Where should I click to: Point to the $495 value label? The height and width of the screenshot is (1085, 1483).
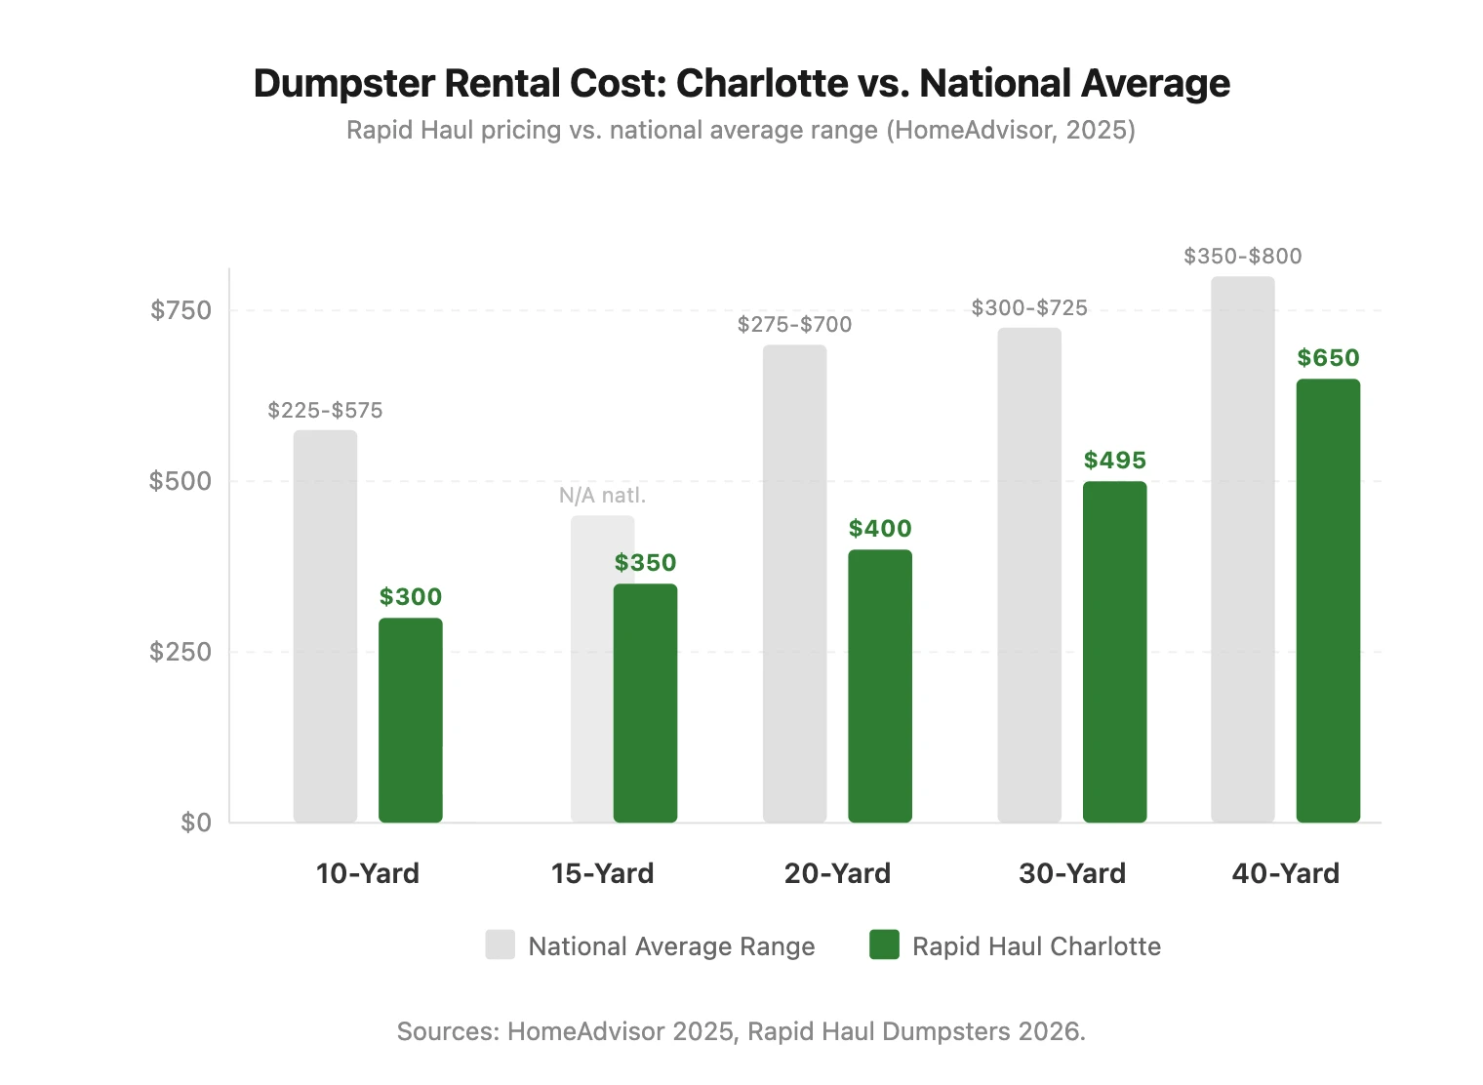[1114, 461]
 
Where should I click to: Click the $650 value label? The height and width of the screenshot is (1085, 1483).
[1327, 358]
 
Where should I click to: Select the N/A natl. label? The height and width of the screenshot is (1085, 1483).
[602, 496]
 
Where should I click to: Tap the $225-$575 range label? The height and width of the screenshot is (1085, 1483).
[325, 411]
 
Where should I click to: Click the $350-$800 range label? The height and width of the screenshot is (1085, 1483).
[1242, 257]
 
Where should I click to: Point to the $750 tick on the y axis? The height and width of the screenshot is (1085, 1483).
[180, 310]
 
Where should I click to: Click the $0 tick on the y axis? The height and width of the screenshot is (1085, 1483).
[195, 823]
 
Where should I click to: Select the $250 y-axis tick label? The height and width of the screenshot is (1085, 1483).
[180, 652]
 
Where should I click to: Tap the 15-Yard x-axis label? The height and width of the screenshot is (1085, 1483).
[602, 873]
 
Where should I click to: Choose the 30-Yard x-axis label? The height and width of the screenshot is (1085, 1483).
[1071, 873]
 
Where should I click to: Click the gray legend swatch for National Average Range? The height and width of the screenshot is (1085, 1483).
[500, 945]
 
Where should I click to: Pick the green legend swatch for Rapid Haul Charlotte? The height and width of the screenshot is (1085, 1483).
[884, 945]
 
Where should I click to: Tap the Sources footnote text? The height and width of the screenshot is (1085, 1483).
[741, 1031]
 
